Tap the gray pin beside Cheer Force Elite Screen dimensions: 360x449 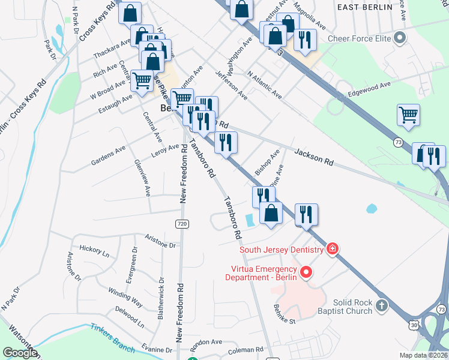click(x=400, y=39)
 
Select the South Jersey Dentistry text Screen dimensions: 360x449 click(x=281, y=250)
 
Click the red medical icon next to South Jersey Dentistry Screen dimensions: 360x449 click(x=332, y=249)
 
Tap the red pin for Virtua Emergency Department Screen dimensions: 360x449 click(x=306, y=273)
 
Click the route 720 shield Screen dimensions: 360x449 click(x=182, y=224)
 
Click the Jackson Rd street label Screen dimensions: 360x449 click(x=314, y=158)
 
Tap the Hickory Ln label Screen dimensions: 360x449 click(x=94, y=251)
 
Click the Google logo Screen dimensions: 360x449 click(x=20, y=353)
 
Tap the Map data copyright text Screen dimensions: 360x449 click(x=424, y=355)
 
